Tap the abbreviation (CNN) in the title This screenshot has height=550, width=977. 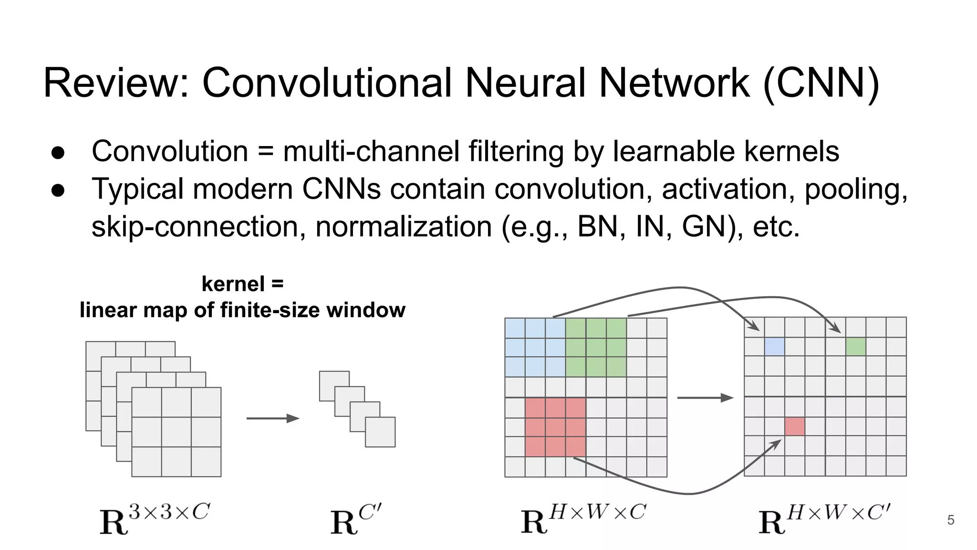(821, 83)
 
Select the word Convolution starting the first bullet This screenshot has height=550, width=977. (170, 151)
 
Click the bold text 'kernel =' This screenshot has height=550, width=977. (242, 284)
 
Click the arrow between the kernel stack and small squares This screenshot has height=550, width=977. (272, 419)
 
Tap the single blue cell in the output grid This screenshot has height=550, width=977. (774, 347)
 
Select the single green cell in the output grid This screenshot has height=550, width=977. (856, 347)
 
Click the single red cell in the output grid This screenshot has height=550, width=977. (795, 427)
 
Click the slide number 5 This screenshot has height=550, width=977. (950, 520)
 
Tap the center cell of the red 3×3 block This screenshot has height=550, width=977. (555, 427)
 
